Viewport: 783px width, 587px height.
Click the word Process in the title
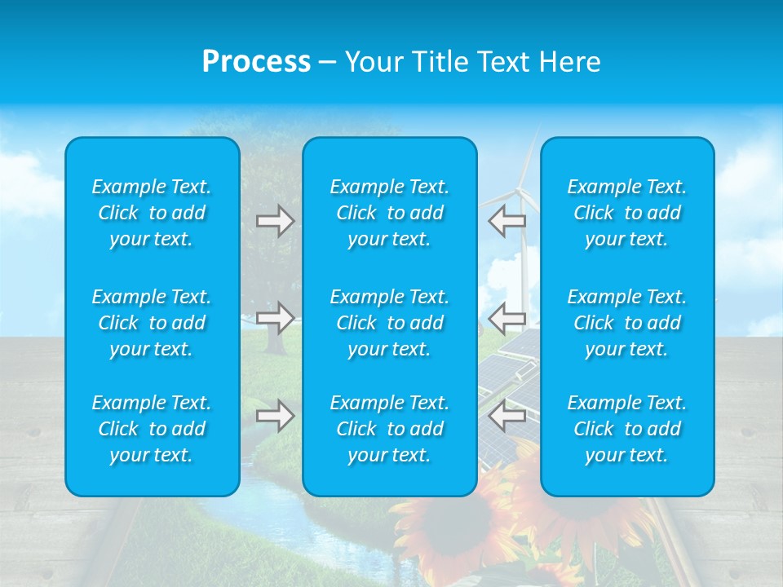click(x=256, y=62)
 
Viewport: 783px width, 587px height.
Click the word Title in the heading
click(x=441, y=62)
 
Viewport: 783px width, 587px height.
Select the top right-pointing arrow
click(x=275, y=220)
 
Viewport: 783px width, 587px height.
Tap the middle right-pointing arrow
click(x=275, y=317)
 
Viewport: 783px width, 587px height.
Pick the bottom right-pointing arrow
click(x=275, y=416)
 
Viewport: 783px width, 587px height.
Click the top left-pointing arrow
click(x=507, y=220)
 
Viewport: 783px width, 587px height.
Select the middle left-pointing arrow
click(x=507, y=317)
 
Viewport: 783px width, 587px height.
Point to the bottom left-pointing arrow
click(x=507, y=416)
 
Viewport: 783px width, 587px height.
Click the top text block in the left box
click(x=152, y=213)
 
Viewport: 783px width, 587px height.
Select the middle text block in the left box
click(x=152, y=323)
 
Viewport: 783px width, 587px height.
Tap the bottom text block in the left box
click(x=152, y=429)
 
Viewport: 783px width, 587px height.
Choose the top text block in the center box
click(x=390, y=213)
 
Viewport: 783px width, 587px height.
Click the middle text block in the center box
click(x=390, y=323)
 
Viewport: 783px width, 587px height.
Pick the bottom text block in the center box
click(x=390, y=429)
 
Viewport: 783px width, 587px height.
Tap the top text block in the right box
click(x=627, y=213)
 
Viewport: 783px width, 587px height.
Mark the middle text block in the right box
click(x=627, y=323)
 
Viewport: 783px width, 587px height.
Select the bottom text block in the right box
click(x=627, y=429)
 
